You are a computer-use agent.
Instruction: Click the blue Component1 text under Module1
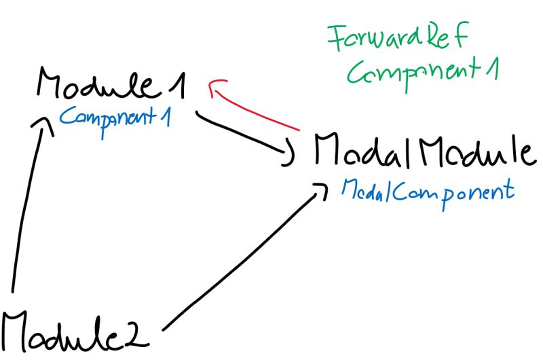115,117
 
